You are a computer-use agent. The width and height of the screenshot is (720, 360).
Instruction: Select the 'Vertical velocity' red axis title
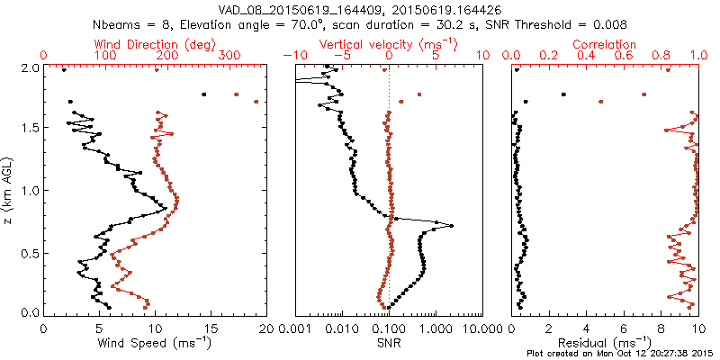click(388, 44)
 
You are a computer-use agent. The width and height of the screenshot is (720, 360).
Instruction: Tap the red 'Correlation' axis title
click(605, 44)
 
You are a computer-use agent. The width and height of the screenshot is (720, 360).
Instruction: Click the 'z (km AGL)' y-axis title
click(8, 190)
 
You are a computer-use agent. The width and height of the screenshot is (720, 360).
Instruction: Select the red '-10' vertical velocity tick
click(291, 56)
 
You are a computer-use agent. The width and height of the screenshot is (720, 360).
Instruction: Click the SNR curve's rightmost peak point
click(451, 226)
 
